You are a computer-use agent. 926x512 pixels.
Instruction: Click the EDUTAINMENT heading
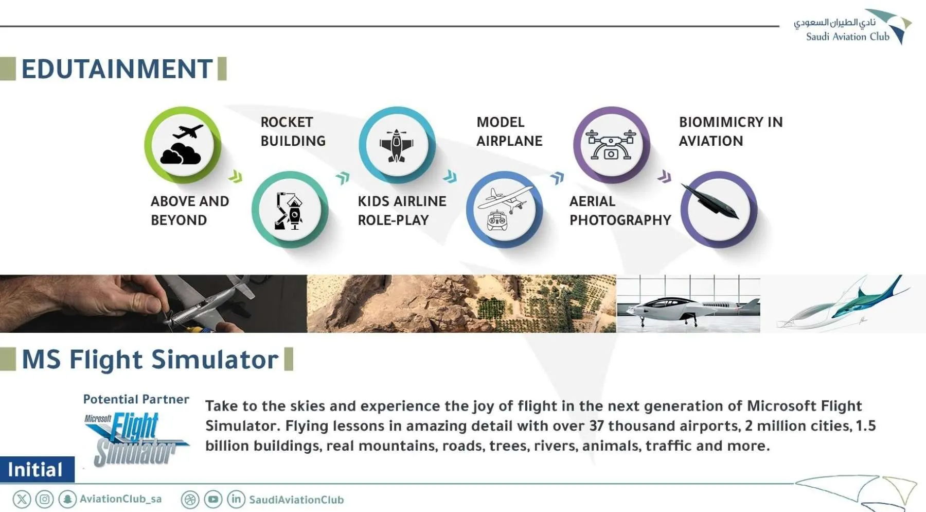coord(117,69)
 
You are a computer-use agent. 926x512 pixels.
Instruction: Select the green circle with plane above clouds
coord(183,145)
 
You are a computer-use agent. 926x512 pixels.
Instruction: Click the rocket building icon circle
coord(290,210)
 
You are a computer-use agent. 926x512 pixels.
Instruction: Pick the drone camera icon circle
coord(611,145)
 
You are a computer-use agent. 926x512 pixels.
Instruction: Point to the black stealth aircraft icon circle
coord(719,210)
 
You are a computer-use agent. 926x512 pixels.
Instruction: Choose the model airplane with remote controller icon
coord(505,210)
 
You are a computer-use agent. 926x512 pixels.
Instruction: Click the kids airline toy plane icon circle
coord(397,145)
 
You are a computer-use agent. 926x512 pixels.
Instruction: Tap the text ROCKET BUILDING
coord(293,131)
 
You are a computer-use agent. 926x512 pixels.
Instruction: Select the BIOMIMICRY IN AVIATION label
coord(731,131)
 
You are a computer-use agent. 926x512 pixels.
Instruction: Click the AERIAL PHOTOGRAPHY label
coord(620,211)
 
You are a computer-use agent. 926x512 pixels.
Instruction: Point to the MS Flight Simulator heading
coord(150,360)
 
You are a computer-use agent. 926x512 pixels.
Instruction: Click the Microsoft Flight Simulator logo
coord(136,439)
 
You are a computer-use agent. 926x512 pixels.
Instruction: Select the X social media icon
coord(22,499)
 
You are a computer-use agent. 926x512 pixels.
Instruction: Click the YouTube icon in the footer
coord(213,499)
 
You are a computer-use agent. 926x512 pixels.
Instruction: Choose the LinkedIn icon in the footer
coord(236,499)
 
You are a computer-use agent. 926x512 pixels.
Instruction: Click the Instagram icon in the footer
coord(45,499)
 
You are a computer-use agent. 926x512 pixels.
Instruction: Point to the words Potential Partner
coord(136,399)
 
